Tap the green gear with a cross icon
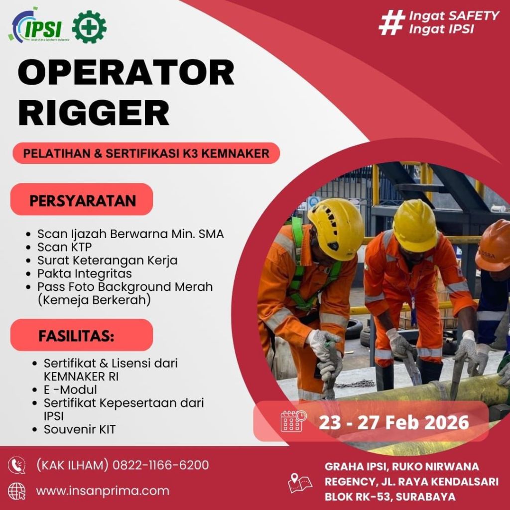click(89, 27)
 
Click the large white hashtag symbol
click(391, 22)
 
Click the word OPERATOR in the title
click(126, 72)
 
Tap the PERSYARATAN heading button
click(82, 199)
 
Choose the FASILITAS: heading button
click(82, 335)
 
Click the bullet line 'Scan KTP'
click(64, 247)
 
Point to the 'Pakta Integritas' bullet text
click(85, 274)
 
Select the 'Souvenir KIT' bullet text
click(80, 429)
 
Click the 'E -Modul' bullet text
click(70, 389)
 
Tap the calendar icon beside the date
click(293, 421)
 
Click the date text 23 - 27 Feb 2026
click(394, 422)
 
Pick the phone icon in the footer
click(16, 465)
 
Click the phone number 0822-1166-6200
click(161, 465)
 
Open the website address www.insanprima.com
click(103, 491)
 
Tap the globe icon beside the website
click(16, 491)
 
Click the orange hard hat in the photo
click(493, 245)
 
